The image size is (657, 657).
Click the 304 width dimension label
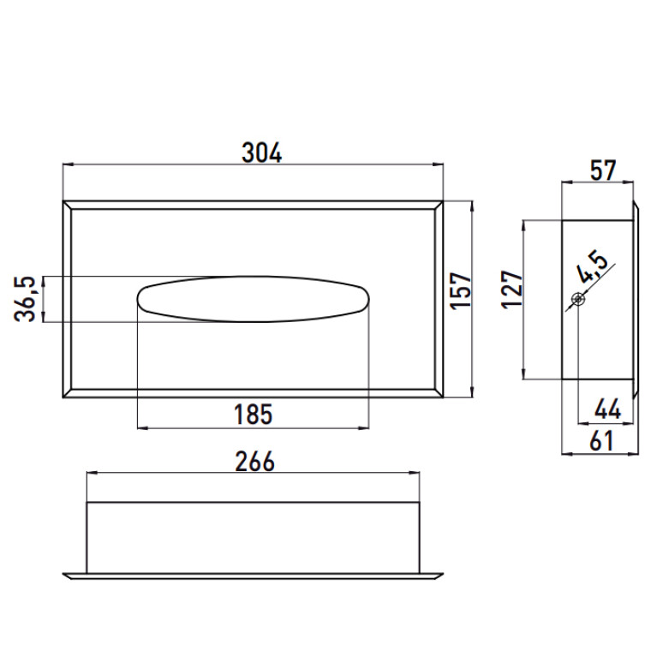(262, 153)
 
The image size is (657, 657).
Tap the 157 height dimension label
(461, 290)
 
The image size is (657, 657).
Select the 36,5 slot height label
(24, 299)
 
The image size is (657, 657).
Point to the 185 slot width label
(253, 414)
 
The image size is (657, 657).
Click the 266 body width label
(254, 462)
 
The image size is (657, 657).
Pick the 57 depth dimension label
(603, 170)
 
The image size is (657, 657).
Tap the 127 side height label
(512, 290)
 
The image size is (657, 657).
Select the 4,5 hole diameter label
(593, 267)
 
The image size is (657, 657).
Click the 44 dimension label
(607, 409)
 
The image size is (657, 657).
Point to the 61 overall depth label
(601, 441)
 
